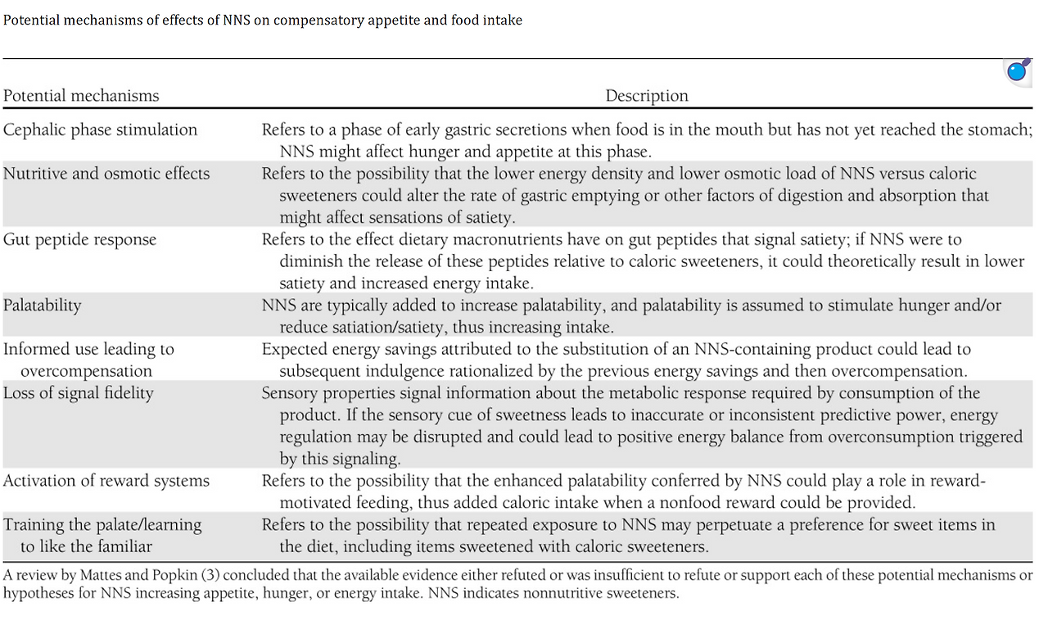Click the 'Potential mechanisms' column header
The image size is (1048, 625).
(x=81, y=96)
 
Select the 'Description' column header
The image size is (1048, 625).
(x=647, y=96)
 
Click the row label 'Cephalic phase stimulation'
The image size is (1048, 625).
(x=100, y=129)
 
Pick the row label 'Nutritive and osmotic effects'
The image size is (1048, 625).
(x=106, y=174)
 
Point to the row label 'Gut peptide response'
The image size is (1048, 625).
(x=79, y=239)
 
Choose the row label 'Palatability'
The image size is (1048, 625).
(x=43, y=305)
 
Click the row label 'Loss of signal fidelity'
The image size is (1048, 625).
(x=79, y=392)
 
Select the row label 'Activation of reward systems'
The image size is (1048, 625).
(x=106, y=480)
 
